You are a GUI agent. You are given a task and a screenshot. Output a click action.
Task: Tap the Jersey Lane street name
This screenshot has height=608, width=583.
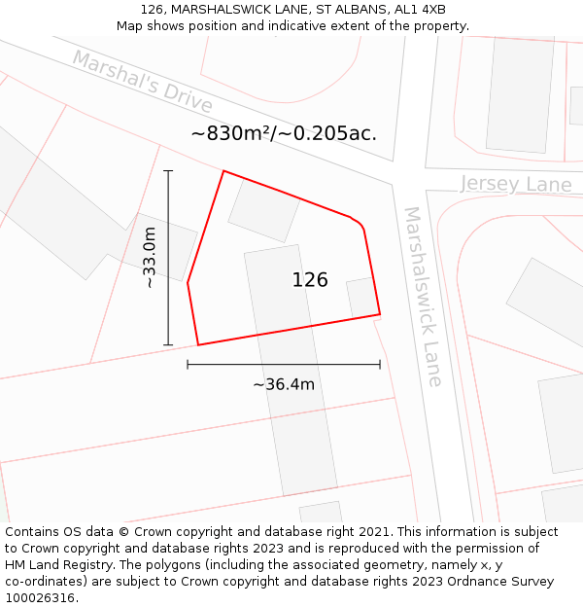coord(516,184)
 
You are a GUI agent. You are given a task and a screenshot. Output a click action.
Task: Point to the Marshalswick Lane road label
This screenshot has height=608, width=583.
coord(423,296)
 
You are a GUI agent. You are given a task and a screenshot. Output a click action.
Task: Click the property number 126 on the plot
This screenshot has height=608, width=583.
coord(310,280)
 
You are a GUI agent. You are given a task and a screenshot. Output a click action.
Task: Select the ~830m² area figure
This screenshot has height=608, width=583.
coord(231,133)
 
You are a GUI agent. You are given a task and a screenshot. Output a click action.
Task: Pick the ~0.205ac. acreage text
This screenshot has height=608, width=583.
coord(328,133)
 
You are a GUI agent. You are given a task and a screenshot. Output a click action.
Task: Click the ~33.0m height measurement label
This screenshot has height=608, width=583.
coord(150,258)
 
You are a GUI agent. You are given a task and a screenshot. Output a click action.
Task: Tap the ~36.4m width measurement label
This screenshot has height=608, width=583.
coord(284,384)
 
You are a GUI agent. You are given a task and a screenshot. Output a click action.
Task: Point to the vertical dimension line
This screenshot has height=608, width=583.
coord(168,258)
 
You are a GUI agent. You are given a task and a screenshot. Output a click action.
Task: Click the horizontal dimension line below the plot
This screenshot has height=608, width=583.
coord(284,365)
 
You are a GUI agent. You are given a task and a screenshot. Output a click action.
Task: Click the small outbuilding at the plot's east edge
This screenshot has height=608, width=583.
coord(361,298)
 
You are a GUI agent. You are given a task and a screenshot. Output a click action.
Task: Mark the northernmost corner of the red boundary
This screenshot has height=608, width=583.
coord(224,171)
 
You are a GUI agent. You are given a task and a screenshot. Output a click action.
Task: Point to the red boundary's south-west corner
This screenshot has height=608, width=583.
coord(198,344)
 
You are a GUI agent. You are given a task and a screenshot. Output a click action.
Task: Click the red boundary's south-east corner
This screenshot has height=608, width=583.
coord(380,314)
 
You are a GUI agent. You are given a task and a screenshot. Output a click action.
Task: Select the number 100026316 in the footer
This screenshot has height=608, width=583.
coord(40,597)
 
